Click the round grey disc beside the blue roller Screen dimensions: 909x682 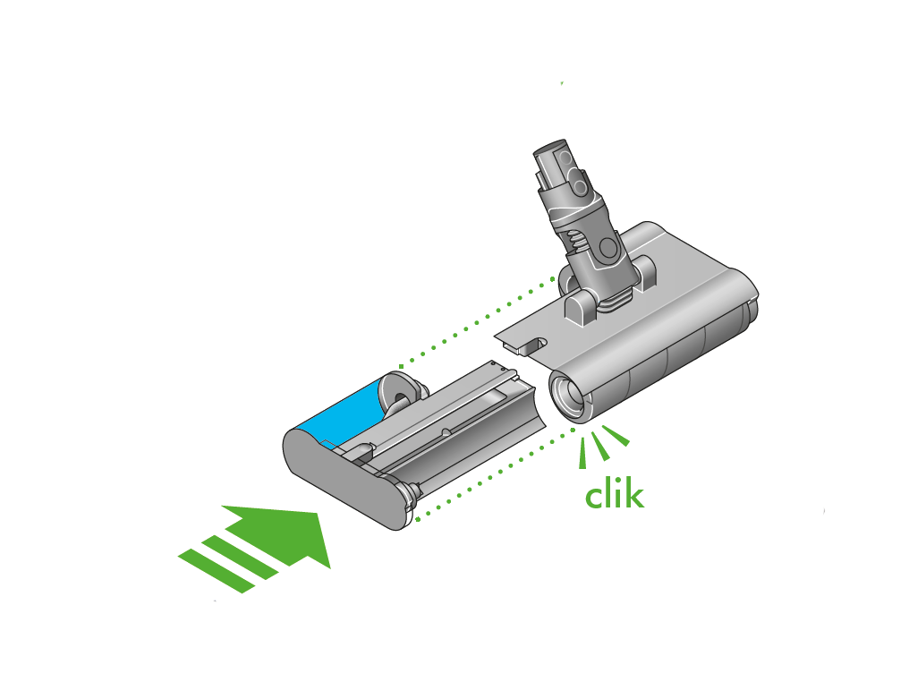pos(399,394)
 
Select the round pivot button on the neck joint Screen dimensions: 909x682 pos(608,248)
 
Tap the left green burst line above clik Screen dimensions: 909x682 pos(582,453)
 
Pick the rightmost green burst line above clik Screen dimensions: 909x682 pos(616,436)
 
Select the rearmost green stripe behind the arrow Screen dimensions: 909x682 pos(216,571)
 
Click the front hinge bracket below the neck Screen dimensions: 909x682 pos(579,306)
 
